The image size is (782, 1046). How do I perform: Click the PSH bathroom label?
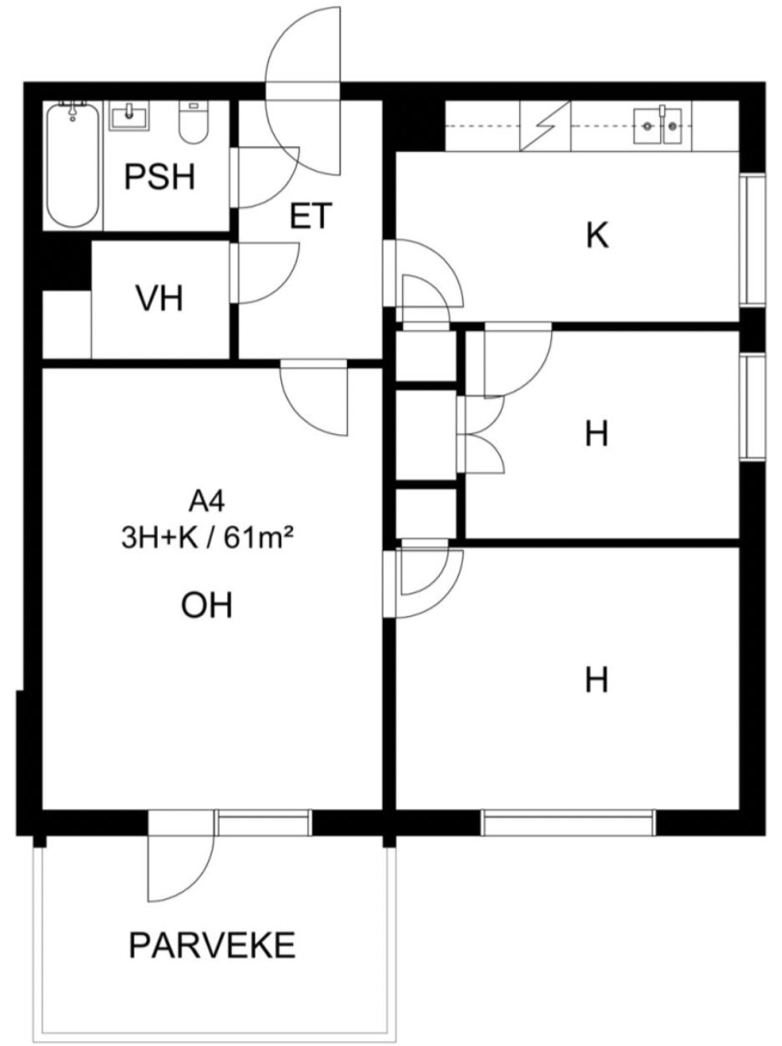coord(159,177)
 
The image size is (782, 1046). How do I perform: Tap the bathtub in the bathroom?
coord(73,164)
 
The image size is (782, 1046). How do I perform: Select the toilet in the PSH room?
coord(194,123)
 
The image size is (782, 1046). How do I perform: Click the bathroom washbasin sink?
coord(129,115)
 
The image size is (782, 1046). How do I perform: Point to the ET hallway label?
coord(310,216)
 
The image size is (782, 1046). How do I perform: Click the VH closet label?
coord(159,299)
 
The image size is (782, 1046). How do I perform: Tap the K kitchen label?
coord(597,235)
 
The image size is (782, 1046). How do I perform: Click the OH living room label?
coord(207,605)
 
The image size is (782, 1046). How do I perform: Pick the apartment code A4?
coord(207,502)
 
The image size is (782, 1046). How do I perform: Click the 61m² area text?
coord(259,539)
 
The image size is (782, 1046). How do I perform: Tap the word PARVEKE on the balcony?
coord(213,945)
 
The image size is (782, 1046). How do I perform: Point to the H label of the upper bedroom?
coord(597,434)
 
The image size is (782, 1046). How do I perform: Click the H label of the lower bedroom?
coord(597,680)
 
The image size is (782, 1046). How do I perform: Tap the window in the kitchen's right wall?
coord(753,240)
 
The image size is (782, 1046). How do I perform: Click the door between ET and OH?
coord(315,398)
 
